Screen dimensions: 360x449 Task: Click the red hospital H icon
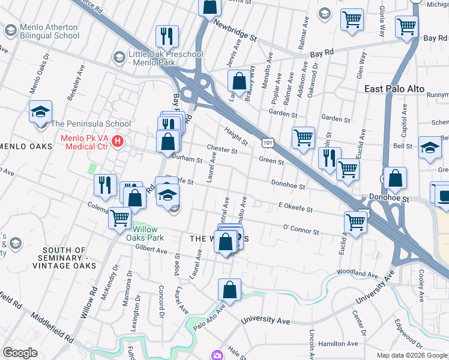click(118, 142)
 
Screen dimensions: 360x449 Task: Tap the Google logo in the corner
click(20, 353)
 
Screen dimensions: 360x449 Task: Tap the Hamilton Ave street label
click(338, 344)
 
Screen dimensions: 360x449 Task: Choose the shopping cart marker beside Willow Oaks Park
click(120, 217)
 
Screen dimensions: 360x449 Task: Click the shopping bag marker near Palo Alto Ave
click(229, 289)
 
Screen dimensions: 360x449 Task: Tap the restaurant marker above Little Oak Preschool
click(166, 36)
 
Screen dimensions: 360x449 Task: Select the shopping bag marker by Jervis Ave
click(239, 80)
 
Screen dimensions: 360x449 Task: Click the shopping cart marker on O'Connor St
click(357, 223)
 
